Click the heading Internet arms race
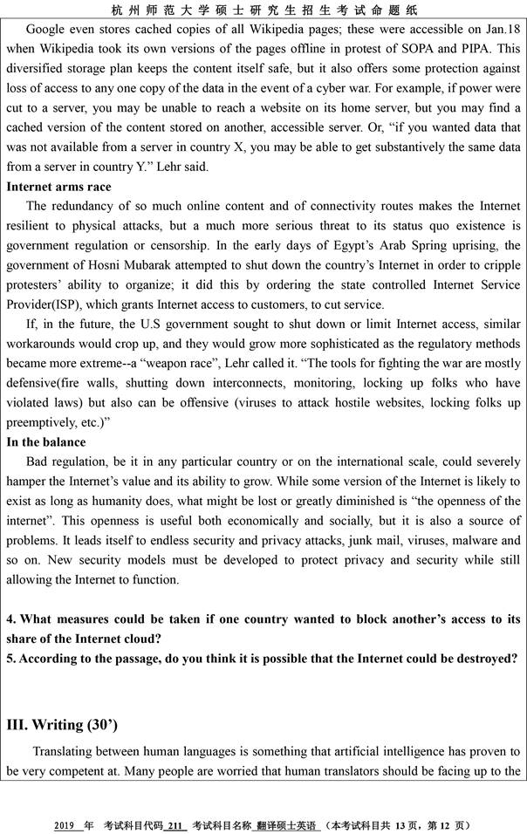(x=58, y=187)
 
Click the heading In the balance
(x=46, y=441)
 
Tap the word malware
(x=474, y=540)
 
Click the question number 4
(x=10, y=619)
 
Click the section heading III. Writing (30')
(x=62, y=725)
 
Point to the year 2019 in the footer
(x=65, y=825)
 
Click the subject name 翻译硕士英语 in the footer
(x=288, y=825)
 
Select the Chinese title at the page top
(x=263, y=10)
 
